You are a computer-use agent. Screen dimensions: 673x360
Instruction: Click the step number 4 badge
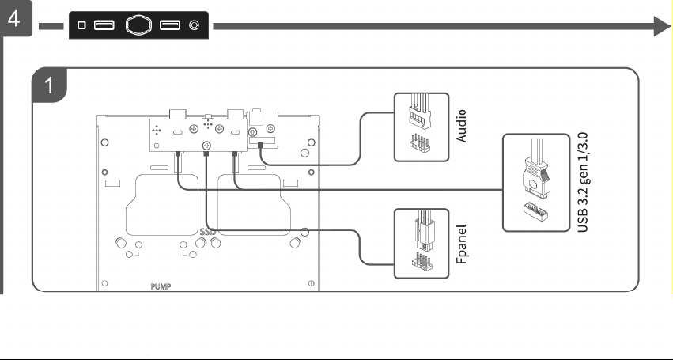coord(14,18)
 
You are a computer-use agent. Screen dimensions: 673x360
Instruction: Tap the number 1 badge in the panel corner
coord(49,85)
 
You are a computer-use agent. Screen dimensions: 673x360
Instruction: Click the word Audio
coord(461,126)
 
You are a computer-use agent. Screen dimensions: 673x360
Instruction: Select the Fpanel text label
coord(461,244)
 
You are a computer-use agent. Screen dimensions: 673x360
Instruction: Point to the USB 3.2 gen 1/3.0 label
coord(583,183)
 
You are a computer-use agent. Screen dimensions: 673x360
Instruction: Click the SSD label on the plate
coord(208,232)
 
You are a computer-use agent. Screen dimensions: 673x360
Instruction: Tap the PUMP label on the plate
coord(161,286)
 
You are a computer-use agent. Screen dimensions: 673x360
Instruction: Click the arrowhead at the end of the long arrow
coord(662,26)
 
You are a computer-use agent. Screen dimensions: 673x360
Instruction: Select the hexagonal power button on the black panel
coord(138,25)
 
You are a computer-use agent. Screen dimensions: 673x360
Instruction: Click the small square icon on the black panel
coord(81,25)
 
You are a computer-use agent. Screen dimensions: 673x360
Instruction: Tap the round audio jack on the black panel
coord(194,25)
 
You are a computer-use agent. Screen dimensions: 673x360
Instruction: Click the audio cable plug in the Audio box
coord(420,112)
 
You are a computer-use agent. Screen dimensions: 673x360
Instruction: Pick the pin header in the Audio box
coord(419,142)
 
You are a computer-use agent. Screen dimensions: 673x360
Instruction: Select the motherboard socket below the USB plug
coord(535,212)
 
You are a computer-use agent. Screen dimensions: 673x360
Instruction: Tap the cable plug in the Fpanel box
coord(425,231)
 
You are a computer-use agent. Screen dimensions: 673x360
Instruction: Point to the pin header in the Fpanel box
coord(422,262)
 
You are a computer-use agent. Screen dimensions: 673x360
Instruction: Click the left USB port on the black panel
coord(104,25)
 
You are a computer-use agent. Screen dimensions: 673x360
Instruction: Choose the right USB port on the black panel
coord(170,25)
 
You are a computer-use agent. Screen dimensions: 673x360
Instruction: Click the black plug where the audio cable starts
coord(260,146)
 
